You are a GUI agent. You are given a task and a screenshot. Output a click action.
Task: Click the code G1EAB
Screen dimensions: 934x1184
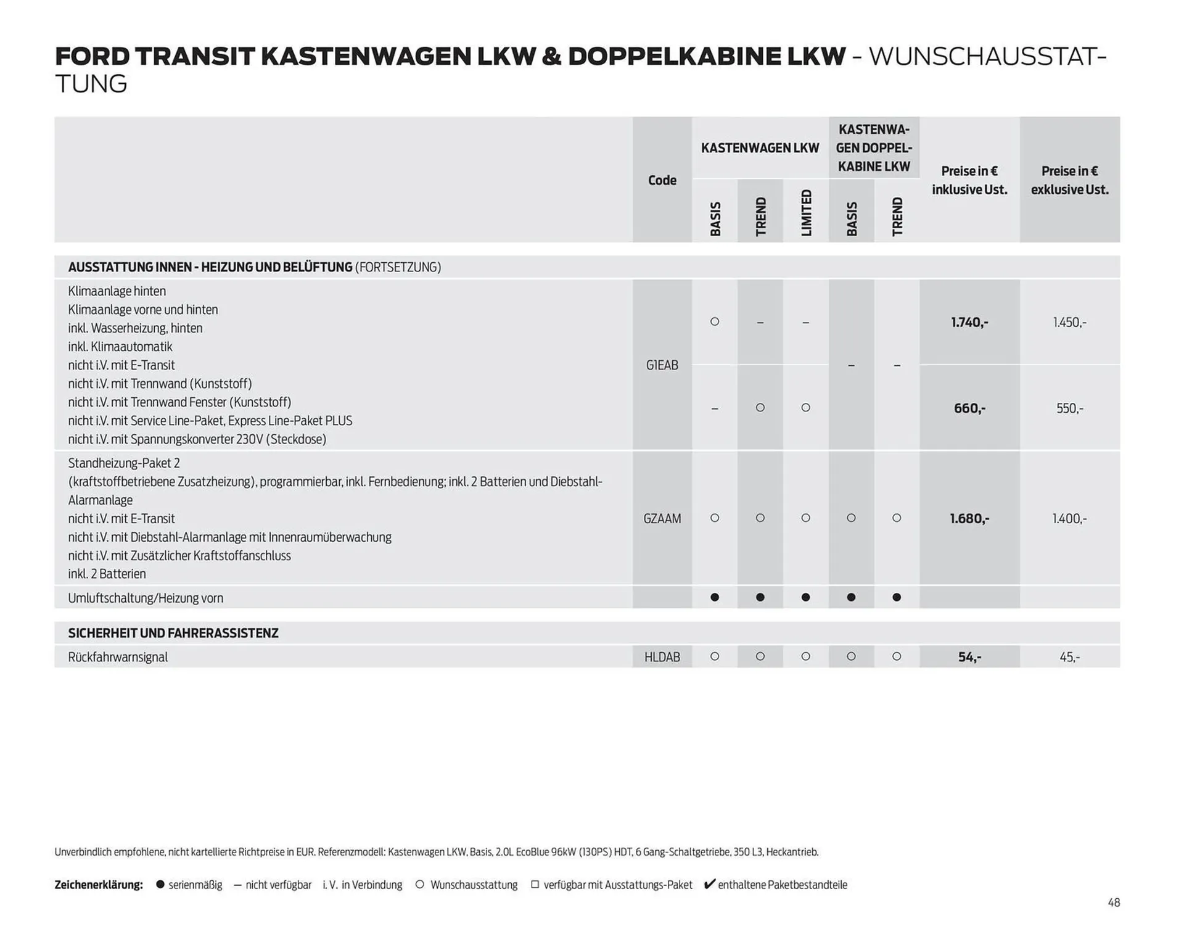click(x=662, y=365)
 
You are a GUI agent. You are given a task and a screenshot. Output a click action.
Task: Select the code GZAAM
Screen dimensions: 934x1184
click(x=662, y=519)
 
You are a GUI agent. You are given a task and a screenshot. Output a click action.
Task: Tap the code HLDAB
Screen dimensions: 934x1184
click(x=662, y=658)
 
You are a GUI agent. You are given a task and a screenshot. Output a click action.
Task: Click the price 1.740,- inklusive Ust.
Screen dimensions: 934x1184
click(x=969, y=322)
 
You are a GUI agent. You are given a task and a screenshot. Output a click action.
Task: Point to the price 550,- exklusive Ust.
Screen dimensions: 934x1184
click(x=1069, y=408)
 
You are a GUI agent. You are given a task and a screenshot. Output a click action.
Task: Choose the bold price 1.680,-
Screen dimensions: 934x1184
click(x=969, y=519)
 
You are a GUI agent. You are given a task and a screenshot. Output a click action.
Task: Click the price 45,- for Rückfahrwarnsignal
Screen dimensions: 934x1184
click(x=1069, y=658)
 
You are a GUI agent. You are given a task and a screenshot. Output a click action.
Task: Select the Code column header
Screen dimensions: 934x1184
click(x=662, y=180)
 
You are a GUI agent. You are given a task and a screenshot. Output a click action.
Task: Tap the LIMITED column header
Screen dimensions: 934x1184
click(x=806, y=213)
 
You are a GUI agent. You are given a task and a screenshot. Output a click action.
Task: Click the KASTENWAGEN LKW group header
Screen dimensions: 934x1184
click(x=760, y=148)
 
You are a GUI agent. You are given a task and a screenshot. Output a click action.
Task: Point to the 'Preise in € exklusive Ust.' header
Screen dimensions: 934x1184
click(x=1069, y=180)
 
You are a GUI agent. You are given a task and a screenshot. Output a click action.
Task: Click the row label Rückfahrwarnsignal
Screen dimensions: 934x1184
click(x=118, y=658)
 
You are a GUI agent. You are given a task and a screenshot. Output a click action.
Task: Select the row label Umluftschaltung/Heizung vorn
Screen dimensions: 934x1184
click(x=146, y=598)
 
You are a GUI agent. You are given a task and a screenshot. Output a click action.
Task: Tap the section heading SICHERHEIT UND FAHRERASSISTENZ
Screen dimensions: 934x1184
click(x=173, y=634)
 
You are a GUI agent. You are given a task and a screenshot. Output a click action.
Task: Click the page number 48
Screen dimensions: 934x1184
click(x=1113, y=903)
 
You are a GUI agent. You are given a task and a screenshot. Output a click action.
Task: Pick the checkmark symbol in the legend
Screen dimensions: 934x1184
click(x=709, y=884)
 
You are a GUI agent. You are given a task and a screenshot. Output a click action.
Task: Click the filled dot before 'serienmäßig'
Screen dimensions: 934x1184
click(x=160, y=885)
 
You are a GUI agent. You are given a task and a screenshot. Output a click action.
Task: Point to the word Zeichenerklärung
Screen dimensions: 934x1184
click(x=99, y=885)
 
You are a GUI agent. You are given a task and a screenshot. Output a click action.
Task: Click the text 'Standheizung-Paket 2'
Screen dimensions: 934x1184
click(x=124, y=463)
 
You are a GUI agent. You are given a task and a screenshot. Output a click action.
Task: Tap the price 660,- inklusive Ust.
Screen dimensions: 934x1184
click(x=969, y=408)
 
